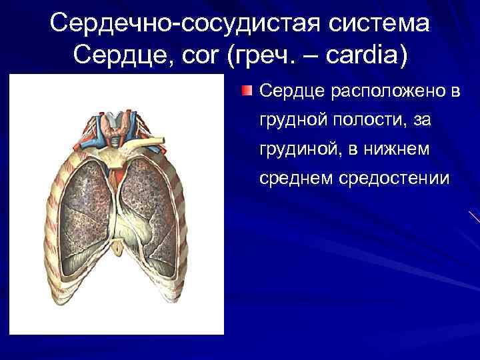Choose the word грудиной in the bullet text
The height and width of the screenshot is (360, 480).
297,149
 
